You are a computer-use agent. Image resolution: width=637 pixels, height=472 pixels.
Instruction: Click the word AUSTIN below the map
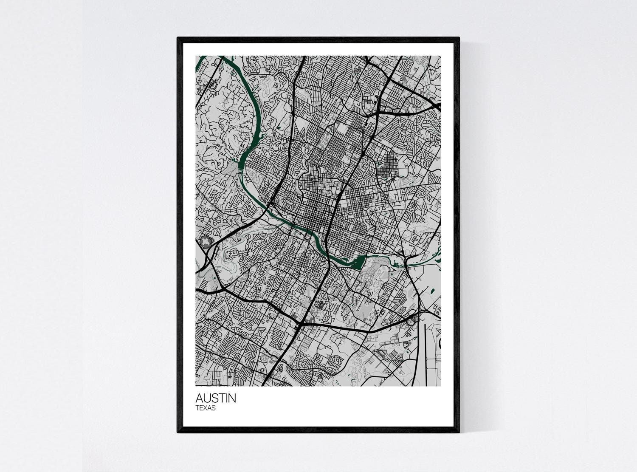pos(216,399)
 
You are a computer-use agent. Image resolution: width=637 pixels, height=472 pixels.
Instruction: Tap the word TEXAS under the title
pos(206,408)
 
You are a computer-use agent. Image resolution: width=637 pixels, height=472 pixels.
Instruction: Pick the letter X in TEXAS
pos(206,408)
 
